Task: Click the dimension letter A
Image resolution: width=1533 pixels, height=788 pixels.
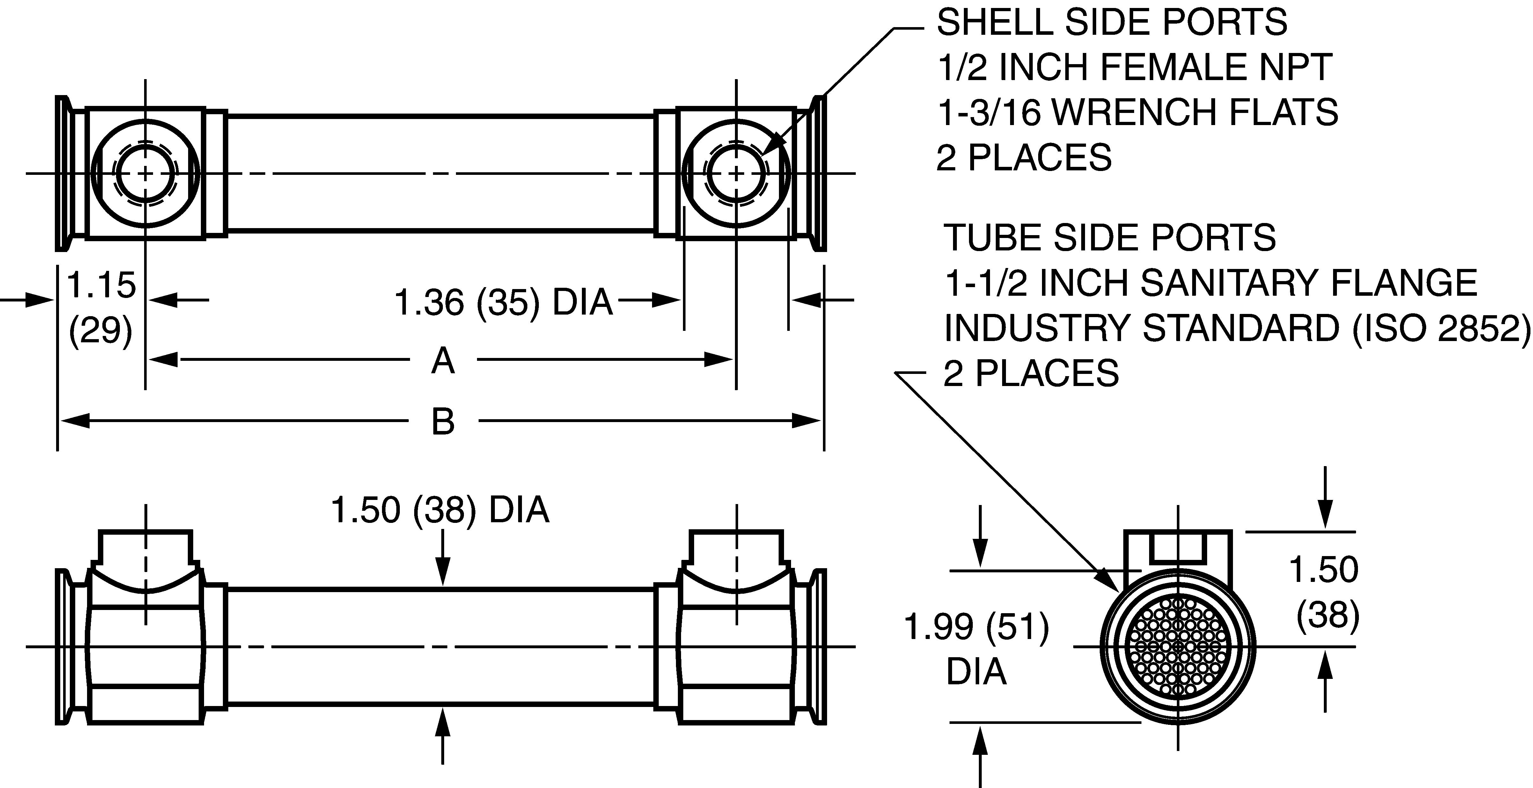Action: pos(443,361)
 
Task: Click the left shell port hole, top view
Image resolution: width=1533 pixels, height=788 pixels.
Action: pos(146,173)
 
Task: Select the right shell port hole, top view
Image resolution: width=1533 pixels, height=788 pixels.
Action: pos(736,173)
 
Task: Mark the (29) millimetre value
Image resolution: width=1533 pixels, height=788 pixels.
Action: pos(100,329)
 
